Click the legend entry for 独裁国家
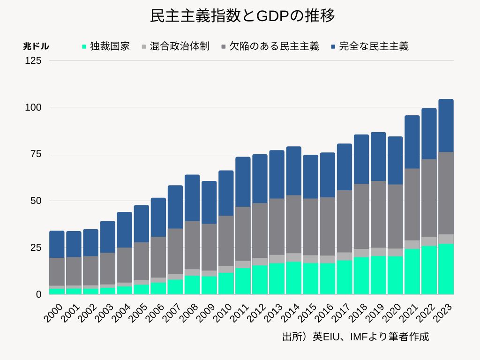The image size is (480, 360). pyautogui.click(x=106, y=46)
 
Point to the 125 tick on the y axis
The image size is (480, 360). pyautogui.click(x=35, y=60)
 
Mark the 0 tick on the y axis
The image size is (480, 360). pyautogui.click(x=39, y=294)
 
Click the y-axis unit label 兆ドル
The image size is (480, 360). pyautogui.click(x=36, y=46)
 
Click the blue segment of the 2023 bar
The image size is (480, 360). pyautogui.click(x=446, y=125)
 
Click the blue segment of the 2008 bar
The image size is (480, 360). pyautogui.click(x=192, y=198)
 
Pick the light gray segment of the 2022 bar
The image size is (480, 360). pyautogui.click(x=429, y=241)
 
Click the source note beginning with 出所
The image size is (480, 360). pyautogui.click(x=355, y=337)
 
